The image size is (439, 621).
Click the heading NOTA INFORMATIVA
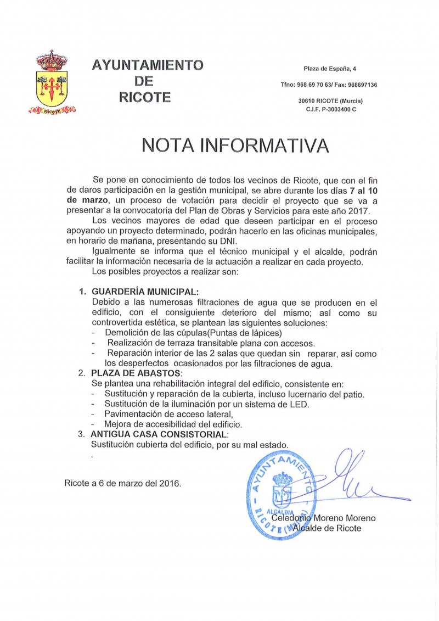tap(235, 145)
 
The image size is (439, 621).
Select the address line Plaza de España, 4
tap(330, 69)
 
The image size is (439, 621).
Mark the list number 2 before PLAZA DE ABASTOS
tap(81, 373)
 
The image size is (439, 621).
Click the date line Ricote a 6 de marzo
tap(122, 483)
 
